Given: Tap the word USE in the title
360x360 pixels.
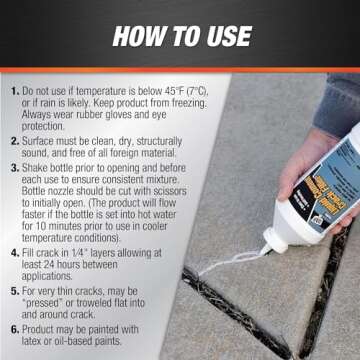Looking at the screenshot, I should point(221,37).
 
